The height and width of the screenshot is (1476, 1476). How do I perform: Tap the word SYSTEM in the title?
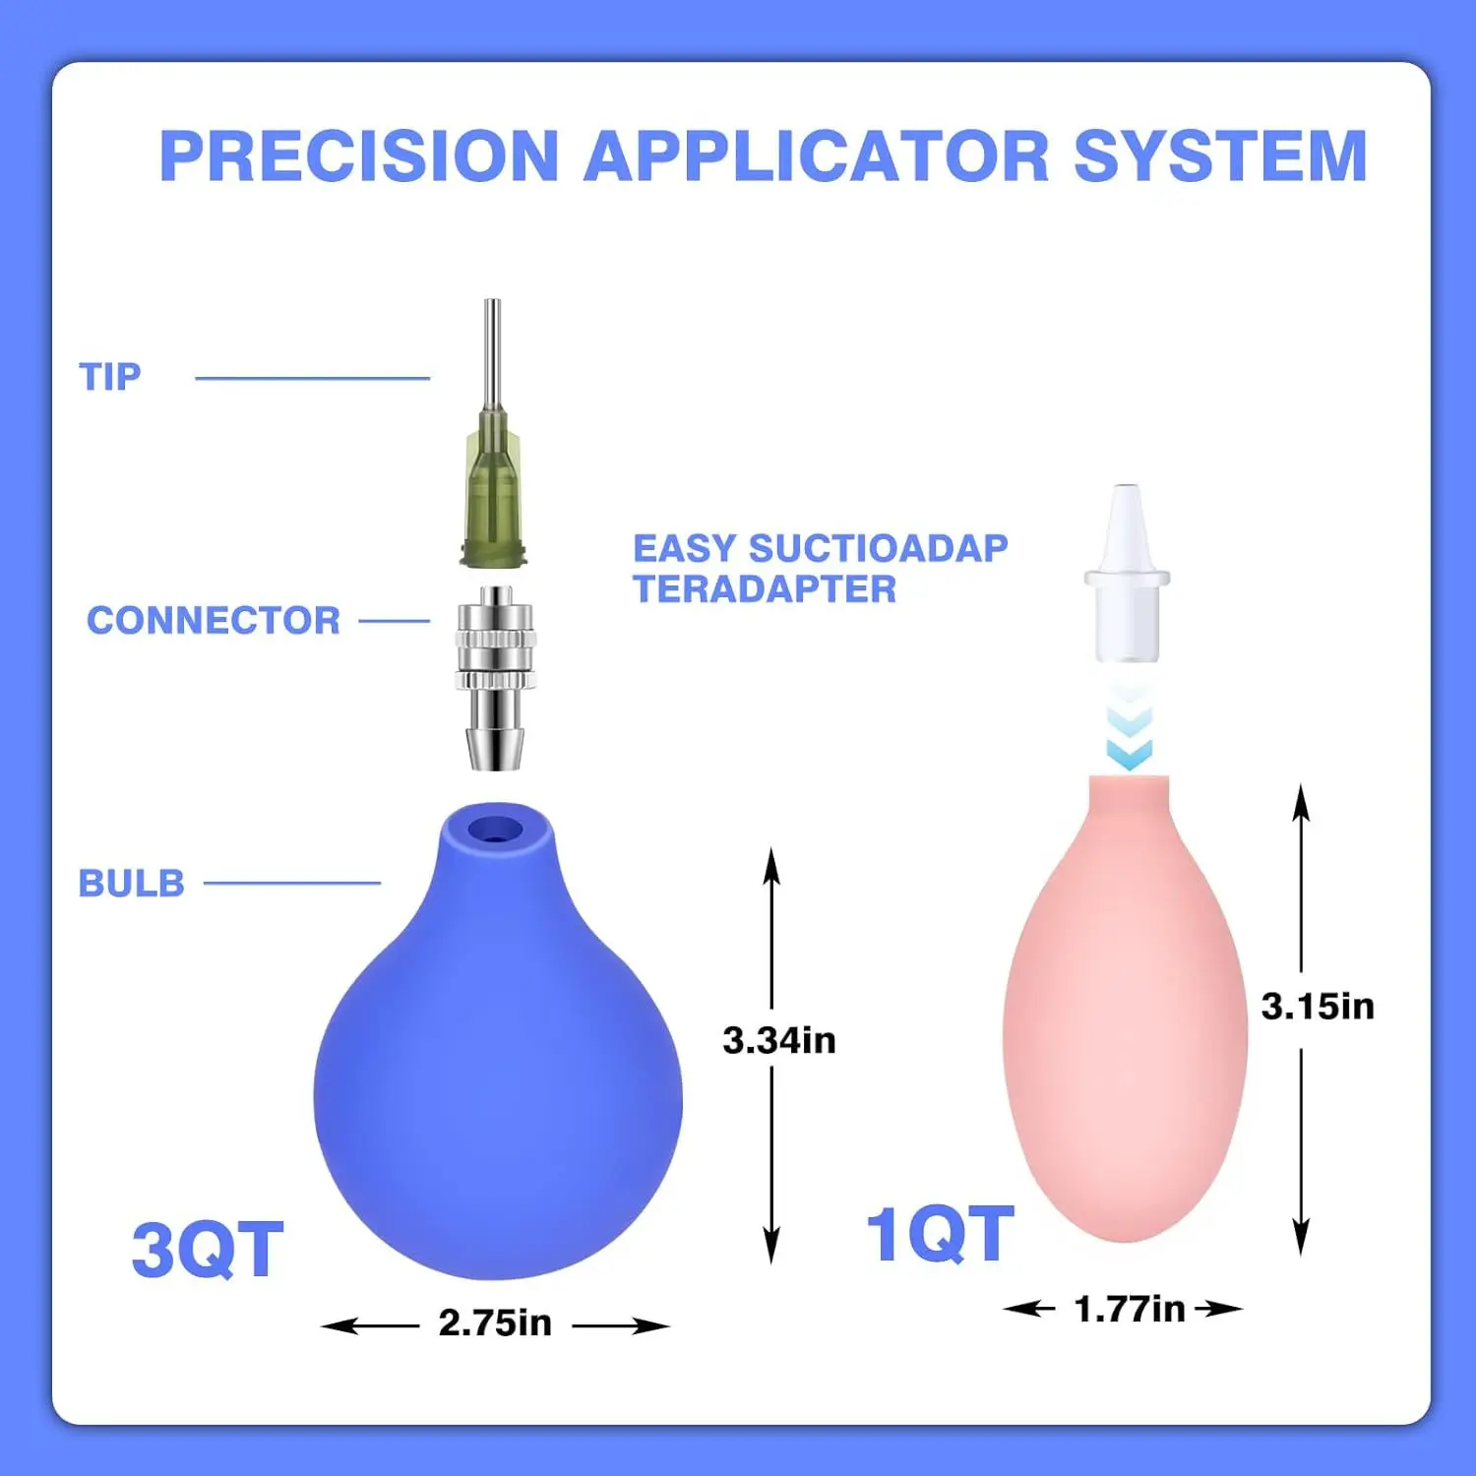pyautogui.click(x=1220, y=156)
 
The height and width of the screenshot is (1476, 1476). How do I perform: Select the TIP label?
pyautogui.click(x=110, y=377)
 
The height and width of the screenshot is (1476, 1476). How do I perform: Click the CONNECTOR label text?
pyautogui.click(x=214, y=621)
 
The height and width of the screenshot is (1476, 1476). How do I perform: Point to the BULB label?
pyautogui.click(x=132, y=884)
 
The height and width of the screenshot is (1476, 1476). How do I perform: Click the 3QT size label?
pyautogui.click(x=208, y=1250)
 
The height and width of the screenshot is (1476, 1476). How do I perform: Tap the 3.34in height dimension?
pyautogui.click(x=778, y=1041)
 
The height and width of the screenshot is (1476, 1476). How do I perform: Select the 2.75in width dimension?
pyautogui.click(x=495, y=1323)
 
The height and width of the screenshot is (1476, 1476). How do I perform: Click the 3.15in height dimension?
pyautogui.click(x=1318, y=1007)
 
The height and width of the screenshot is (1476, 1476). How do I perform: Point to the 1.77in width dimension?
pyautogui.click(x=1130, y=1310)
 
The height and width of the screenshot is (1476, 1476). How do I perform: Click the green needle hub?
pyautogui.click(x=494, y=497)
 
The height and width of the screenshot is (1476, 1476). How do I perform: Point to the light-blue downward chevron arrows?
pyautogui.click(x=1129, y=733)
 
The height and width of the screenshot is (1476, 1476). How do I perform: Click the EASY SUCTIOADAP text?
pyautogui.click(x=820, y=548)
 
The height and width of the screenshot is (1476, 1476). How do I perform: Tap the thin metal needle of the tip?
pyautogui.click(x=493, y=354)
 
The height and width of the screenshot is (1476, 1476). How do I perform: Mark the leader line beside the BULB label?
pyautogui.click(x=291, y=884)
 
